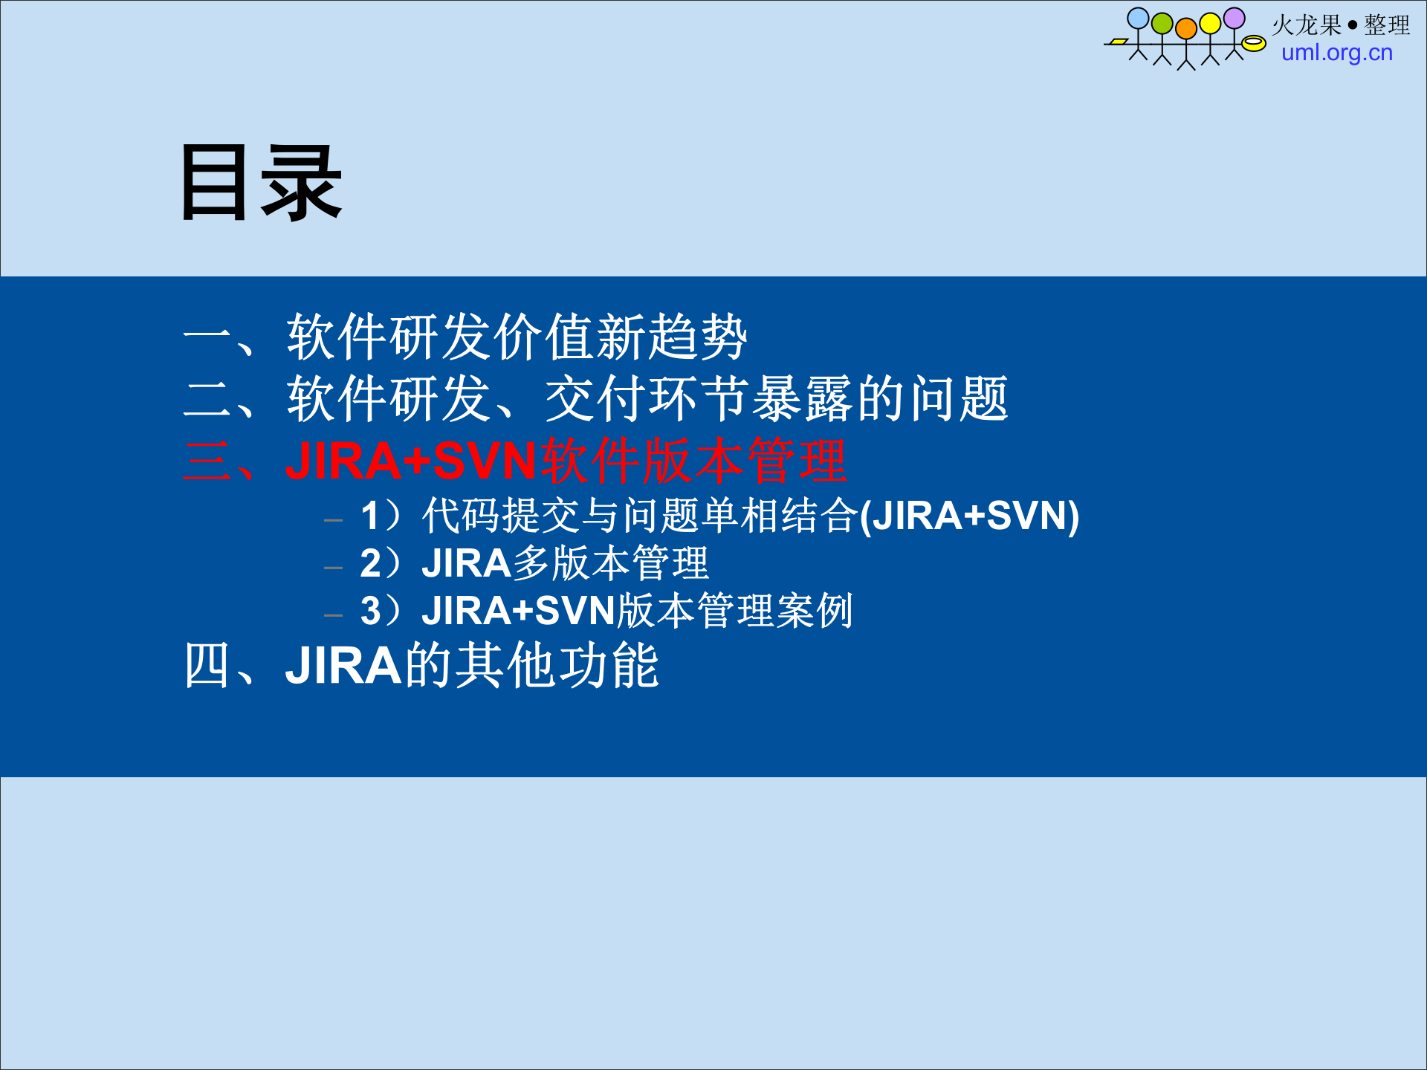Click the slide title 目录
260,184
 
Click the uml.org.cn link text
1336,53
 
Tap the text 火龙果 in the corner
1306,25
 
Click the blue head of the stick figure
1138,19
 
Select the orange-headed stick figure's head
1186,28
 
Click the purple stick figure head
1235,18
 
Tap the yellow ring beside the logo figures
1254,44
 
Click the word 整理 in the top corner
1387,25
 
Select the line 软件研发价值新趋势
517,337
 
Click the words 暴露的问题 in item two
881,399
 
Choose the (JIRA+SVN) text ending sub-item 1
969,516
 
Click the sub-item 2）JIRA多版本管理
534,563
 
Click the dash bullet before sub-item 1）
334,520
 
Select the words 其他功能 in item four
557,665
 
